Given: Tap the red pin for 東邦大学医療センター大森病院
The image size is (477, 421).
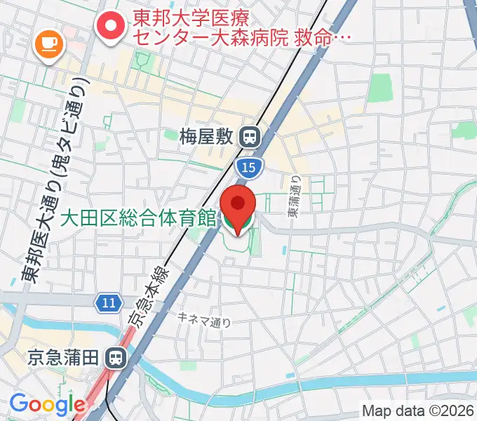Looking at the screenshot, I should tap(111, 27).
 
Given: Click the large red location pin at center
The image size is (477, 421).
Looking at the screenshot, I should tap(238, 203).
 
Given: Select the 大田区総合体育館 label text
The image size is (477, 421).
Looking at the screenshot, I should tap(137, 219).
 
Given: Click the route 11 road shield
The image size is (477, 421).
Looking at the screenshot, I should tap(106, 302).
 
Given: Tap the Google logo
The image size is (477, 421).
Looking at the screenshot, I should tap(46, 405).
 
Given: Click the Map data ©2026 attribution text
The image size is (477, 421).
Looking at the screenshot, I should tap(417, 409).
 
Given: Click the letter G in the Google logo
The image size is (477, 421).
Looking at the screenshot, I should tap(19, 404).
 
